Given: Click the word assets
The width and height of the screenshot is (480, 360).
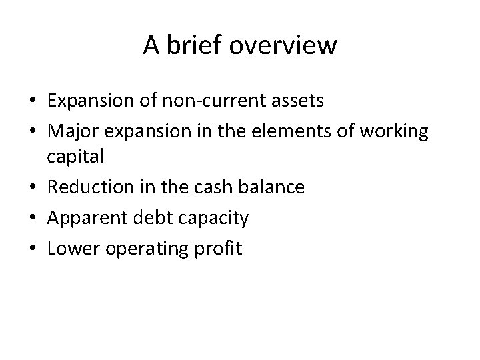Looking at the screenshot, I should click(x=296, y=101).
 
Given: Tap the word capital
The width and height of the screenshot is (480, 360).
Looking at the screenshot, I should click(x=75, y=157).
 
